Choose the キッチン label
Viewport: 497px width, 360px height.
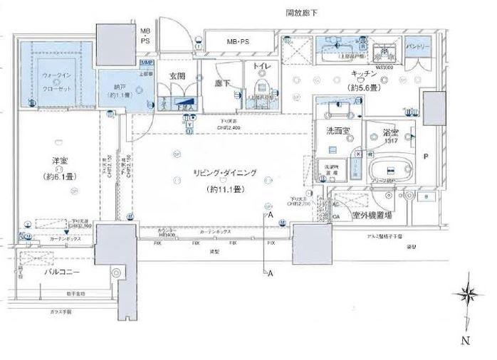point(362,75)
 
